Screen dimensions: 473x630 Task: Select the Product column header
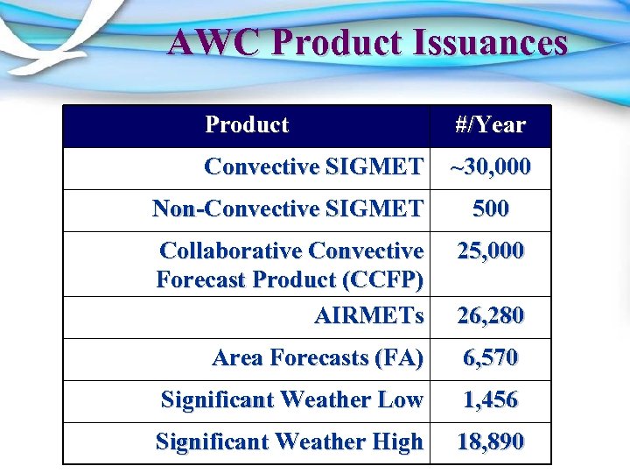[x=247, y=124]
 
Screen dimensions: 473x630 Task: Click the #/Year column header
[x=490, y=125]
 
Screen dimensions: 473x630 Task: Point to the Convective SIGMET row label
[x=313, y=166]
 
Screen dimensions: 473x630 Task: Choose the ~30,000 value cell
[x=490, y=166]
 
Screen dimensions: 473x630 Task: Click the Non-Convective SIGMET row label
[x=288, y=208]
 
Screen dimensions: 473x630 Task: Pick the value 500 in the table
[x=490, y=208]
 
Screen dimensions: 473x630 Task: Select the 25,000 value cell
[x=490, y=251]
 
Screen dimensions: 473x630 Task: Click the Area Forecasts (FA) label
[x=318, y=357]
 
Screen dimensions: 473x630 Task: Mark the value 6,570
[x=490, y=357]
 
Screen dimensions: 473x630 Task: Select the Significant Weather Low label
[x=291, y=400]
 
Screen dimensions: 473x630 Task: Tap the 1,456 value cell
[x=490, y=400]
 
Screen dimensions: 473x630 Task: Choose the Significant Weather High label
[x=289, y=442]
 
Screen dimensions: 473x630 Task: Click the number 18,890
[x=490, y=442]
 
